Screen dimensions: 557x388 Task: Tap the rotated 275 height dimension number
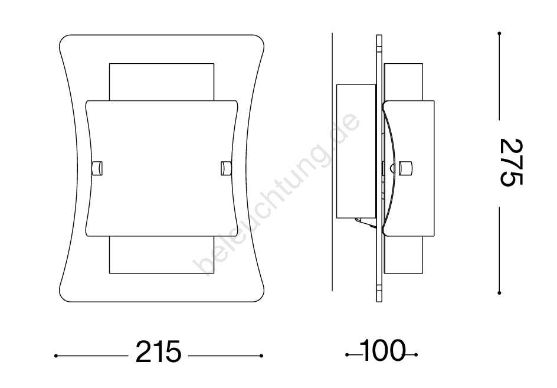coord(510,163)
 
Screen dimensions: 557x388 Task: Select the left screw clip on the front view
coord(97,168)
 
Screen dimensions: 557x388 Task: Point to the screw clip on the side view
coord(406,168)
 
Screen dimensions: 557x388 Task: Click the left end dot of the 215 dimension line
coord(56,356)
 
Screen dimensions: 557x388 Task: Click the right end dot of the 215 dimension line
coord(261,356)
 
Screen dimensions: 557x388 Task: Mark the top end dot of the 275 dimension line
coord(499,34)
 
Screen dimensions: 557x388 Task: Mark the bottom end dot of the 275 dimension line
coord(499,294)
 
